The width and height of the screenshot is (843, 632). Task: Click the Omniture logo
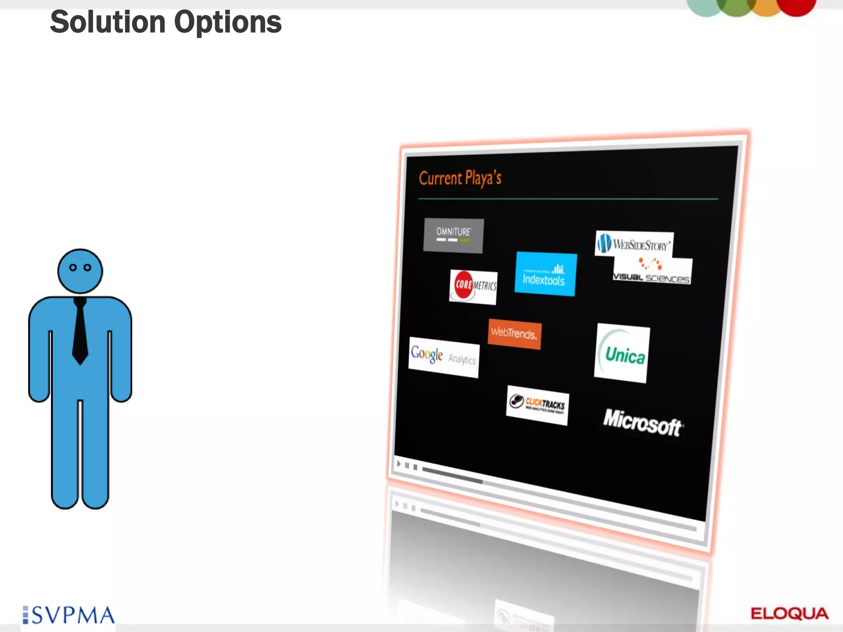point(453,235)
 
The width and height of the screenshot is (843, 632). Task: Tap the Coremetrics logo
point(473,286)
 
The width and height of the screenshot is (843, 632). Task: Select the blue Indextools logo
point(545,274)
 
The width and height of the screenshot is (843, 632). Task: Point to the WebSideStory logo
point(634,244)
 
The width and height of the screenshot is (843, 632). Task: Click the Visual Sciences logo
point(652,272)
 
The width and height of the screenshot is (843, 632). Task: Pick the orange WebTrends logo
point(515,334)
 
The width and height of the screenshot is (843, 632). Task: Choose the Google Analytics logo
point(443,357)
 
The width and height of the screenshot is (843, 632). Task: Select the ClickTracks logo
point(537,405)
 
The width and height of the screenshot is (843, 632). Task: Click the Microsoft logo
point(642,423)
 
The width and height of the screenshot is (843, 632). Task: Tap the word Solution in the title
point(108,22)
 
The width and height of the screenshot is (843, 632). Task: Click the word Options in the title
point(228,22)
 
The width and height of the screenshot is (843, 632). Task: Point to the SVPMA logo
point(69,615)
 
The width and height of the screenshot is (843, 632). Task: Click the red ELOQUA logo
point(789,613)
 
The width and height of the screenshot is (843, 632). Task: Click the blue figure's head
point(80,271)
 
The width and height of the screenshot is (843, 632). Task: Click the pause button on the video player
point(407,466)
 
